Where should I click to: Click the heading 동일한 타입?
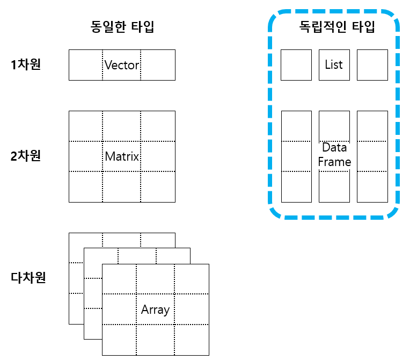click(x=122, y=27)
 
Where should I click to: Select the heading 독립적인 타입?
click(x=337, y=27)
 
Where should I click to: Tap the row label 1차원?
click(x=26, y=64)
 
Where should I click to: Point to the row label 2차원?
click(x=26, y=156)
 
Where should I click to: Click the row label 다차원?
click(x=28, y=277)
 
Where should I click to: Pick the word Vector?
click(x=122, y=65)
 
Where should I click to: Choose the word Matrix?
click(x=122, y=156)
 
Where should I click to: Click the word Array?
click(x=155, y=310)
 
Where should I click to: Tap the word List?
click(x=334, y=64)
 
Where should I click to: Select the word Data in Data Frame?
click(x=334, y=148)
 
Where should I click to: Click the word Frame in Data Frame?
click(x=334, y=162)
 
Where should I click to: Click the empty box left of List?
click(x=296, y=65)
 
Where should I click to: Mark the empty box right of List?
click(x=372, y=65)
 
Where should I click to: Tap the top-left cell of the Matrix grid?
click(x=86, y=126)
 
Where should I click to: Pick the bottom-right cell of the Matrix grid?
click(x=158, y=186)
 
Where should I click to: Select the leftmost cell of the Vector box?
click(x=86, y=65)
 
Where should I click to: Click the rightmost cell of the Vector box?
click(x=158, y=65)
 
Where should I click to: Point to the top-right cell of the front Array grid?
click(x=192, y=279)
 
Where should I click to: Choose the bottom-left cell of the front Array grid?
click(x=119, y=340)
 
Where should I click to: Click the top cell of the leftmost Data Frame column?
click(x=297, y=126)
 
